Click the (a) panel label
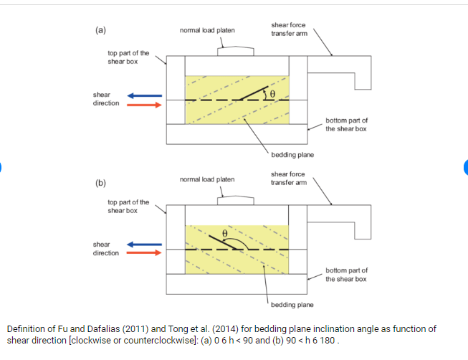pos(100,30)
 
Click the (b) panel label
pos(100,184)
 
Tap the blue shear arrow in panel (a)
pos(145,95)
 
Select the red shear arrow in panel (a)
pos(145,104)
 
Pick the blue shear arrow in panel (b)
pos(145,244)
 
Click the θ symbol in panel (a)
pos(272,94)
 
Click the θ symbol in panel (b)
pos(224,234)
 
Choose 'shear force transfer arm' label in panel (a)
pos(289,29)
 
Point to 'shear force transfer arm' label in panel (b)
pos(289,178)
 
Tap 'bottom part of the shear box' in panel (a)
pos(346,124)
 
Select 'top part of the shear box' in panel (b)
pos(128,207)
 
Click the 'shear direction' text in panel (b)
pos(106,248)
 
